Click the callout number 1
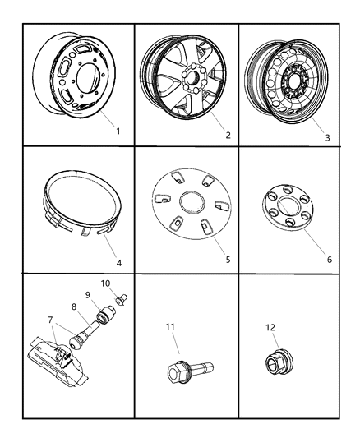118,130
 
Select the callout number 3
327,137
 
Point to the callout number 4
118,264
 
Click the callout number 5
227,260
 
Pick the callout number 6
330,258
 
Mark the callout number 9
88,295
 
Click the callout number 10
105,284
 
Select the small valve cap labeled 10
122,300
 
